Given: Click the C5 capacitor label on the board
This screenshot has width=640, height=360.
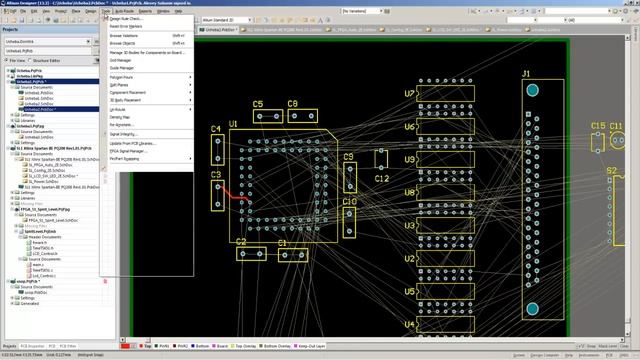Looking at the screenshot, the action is (258, 104).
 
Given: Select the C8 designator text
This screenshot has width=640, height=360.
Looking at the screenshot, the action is (293, 104).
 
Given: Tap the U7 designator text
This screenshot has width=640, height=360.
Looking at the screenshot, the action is (410, 94).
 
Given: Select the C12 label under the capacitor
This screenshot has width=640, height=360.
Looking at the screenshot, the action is (381, 179).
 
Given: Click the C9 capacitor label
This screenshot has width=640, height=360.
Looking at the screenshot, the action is (349, 157).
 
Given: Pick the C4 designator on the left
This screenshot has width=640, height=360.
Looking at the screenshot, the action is (217, 130).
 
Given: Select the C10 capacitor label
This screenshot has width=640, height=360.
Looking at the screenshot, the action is (349, 202).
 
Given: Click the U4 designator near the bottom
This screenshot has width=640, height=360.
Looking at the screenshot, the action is (410, 325).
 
